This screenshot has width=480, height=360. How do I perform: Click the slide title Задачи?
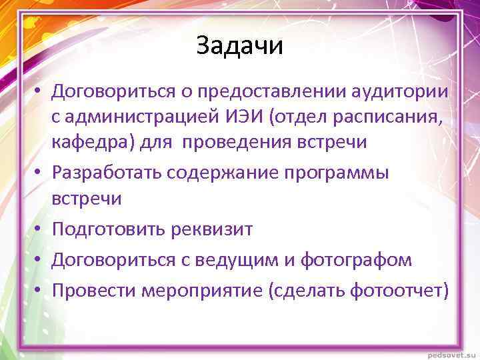click(x=240, y=47)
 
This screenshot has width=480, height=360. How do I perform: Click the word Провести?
click(x=91, y=291)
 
